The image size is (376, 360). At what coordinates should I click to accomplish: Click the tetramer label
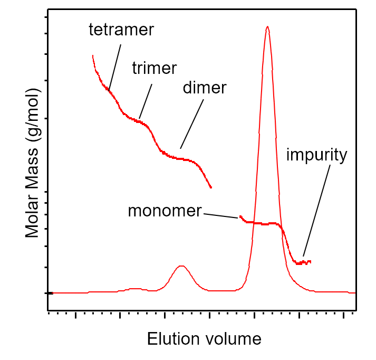click(x=121, y=30)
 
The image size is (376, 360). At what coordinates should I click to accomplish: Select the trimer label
click(x=154, y=68)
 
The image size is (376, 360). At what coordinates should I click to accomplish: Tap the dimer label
click(x=204, y=88)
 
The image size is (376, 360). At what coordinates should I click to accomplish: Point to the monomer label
click(x=165, y=211)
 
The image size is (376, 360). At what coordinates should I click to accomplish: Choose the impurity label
click(x=316, y=155)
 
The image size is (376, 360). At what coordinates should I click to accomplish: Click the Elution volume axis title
click(x=204, y=338)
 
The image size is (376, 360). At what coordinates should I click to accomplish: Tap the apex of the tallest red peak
click(x=267, y=27)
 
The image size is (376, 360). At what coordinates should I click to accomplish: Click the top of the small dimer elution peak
click(x=181, y=266)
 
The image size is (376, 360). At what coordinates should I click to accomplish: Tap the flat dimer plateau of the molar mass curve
click(x=182, y=158)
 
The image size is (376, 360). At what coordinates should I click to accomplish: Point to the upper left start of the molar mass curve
click(x=93, y=55)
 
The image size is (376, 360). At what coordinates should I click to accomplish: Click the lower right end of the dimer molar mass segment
click(x=211, y=187)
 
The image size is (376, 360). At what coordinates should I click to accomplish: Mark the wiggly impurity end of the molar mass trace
click(x=304, y=262)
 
